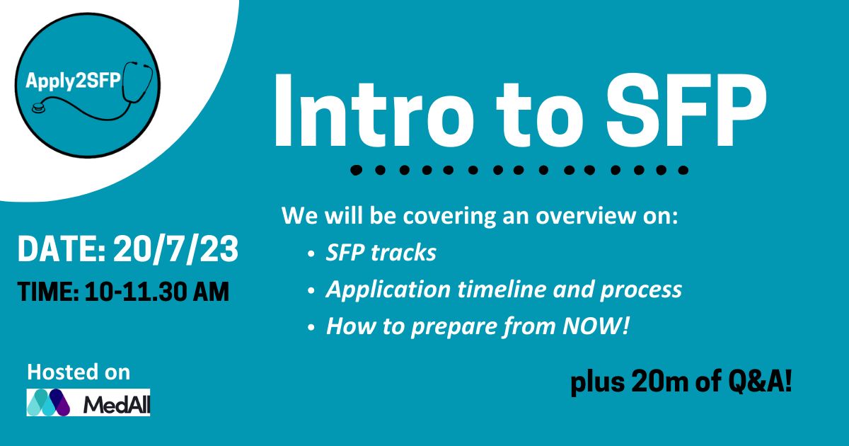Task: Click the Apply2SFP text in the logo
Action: [x=73, y=81]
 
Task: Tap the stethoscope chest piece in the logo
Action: [x=38, y=108]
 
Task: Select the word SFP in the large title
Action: [x=686, y=110]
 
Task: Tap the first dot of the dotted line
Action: [x=356, y=170]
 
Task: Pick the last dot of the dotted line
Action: [x=683, y=170]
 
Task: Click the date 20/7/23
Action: [x=176, y=248]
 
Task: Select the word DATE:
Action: [x=62, y=248]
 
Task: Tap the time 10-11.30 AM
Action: [x=157, y=292]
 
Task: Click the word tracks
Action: [x=404, y=253]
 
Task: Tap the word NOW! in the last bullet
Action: [x=596, y=326]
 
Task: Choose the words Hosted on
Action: [x=79, y=372]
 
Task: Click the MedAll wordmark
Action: [x=117, y=405]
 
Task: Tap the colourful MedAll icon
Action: [x=48, y=402]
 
